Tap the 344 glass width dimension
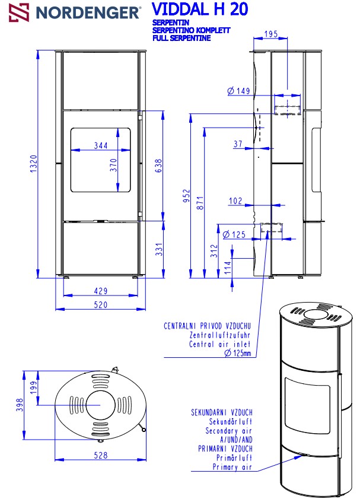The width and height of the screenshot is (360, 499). tap(101, 145)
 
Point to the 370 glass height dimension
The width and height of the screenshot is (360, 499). tap(113, 166)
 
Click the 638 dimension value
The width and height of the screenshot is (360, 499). tap(158, 166)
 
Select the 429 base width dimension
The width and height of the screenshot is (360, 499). tap(101, 291)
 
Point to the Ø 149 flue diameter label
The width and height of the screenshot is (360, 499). tap(238, 91)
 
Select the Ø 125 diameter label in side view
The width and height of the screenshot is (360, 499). tap(235, 235)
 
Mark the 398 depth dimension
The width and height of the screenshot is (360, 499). tap(20, 405)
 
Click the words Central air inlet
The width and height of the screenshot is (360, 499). tap(220, 344)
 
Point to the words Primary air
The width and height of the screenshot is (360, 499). tap(232, 468)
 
